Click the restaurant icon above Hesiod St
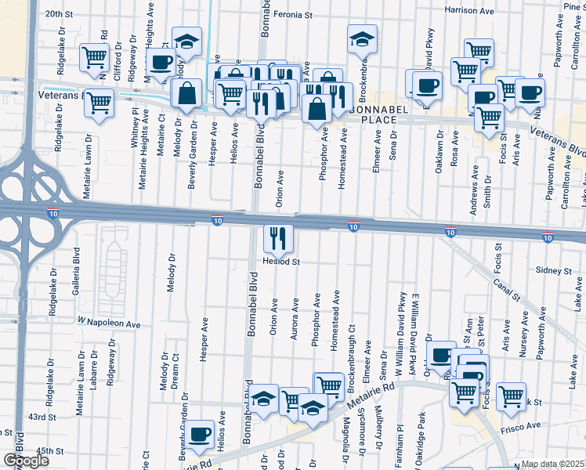coord(278,237)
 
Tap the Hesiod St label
coord(282,262)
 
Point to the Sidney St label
coord(555,270)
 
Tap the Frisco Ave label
coord(523,426)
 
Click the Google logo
coord(26,461)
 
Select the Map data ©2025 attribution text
coord(552,464)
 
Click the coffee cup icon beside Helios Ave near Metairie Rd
coord(200,434)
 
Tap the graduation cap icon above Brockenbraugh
coord(361,42)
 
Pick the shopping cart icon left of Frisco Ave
coord(511,396)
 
